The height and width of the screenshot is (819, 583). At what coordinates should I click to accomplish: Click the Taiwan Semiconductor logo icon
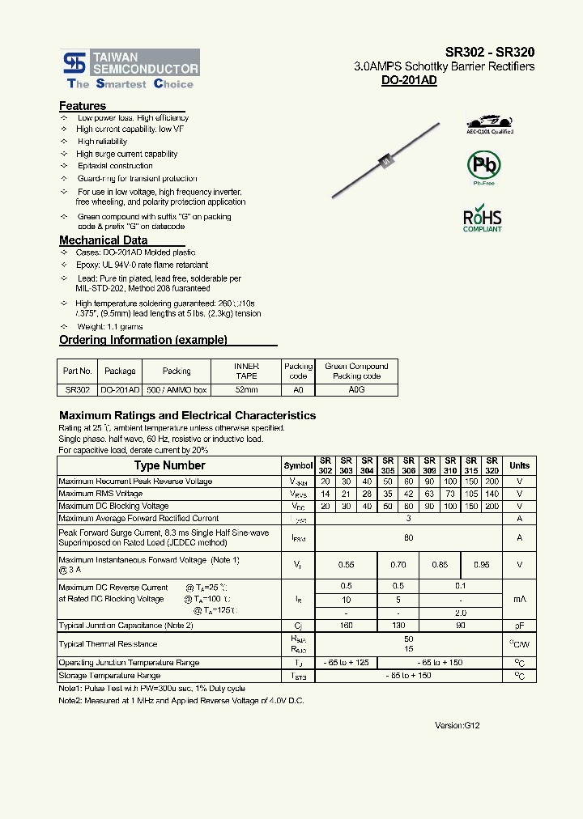coord(75,62)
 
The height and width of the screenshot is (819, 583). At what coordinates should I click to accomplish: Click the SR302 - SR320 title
coord(489,51)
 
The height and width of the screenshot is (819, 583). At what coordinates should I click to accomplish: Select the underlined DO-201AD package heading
coord(409,81)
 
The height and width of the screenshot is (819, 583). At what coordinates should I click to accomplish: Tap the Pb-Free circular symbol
coord(484,165)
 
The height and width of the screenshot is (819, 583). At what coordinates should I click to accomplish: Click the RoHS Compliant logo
coord(483,219)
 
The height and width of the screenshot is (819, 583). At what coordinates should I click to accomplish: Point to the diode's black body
coord(386,161)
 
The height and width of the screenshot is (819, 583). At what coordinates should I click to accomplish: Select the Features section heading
coord(83,106)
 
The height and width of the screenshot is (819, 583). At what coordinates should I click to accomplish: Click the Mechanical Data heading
coord(103,240)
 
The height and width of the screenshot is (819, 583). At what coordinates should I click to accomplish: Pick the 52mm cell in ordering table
coord(246,389)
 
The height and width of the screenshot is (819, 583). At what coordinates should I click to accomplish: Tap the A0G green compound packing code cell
coord(356,389)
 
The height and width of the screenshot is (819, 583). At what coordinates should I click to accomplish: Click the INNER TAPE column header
coord(246,371)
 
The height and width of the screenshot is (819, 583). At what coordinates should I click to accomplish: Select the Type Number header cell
coord(169,465)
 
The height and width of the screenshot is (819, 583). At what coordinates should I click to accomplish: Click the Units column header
coord(519,465)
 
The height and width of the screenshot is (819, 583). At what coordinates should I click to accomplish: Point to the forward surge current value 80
coord(409,537)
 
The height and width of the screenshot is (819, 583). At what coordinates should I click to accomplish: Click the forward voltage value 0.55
coord(346,564)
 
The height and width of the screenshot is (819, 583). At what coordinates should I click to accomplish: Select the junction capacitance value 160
coord(346,626)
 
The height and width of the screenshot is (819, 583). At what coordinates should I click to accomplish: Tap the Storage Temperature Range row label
coord(109,675)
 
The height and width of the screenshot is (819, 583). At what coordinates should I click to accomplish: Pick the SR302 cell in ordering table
coord(77,389)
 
